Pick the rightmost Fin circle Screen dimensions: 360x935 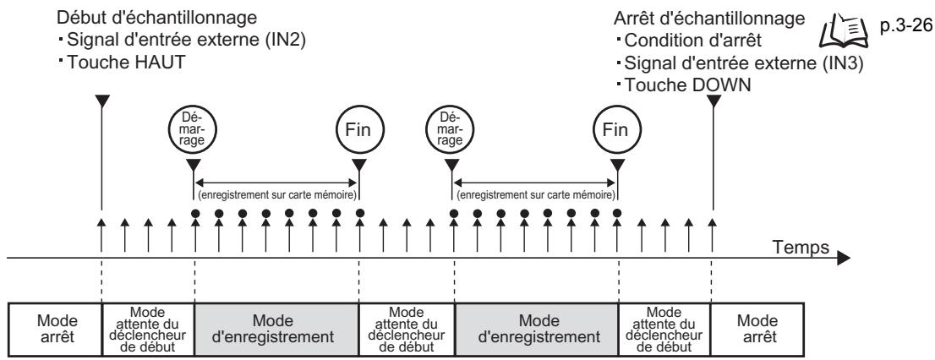[x=616, y=131]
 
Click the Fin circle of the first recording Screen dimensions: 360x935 [x=359, y=131]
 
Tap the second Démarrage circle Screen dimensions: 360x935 [x=453, y=131]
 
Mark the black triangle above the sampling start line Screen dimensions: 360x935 [x=101, y=101]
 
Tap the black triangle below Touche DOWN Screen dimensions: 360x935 [x=713, y=101]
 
